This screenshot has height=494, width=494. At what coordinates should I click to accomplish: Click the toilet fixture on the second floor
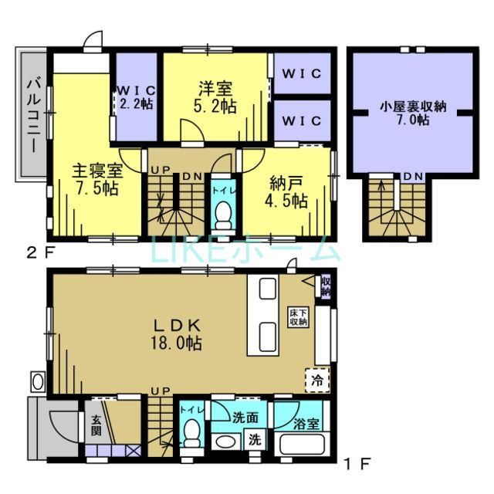pos(224,211)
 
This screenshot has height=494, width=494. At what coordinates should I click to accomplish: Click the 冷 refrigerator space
pos(316,379)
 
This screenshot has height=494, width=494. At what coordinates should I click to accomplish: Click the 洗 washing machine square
pos(253,442)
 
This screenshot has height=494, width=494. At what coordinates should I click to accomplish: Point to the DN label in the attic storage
pos(412,177)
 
